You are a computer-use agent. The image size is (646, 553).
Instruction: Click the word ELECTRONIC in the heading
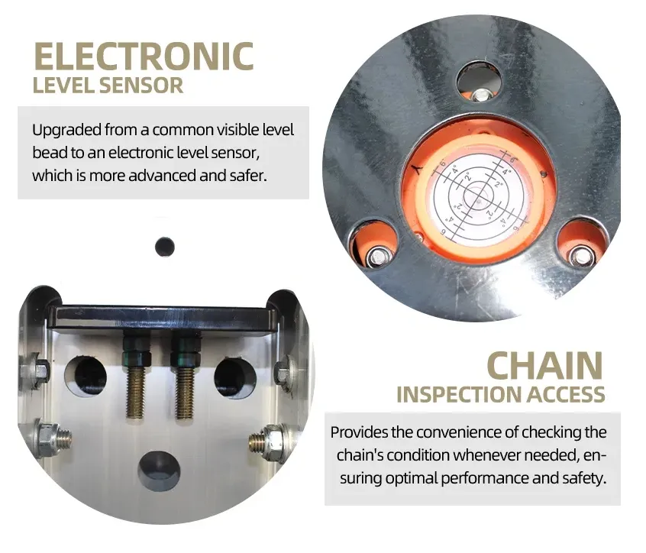coord(144,57)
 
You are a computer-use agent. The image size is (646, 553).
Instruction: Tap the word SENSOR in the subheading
coord(141,86)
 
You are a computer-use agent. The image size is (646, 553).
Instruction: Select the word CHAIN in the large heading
coord(544,366)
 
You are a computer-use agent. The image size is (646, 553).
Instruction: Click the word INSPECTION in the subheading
coord(460,394)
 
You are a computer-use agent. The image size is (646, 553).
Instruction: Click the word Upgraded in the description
coord(66,131)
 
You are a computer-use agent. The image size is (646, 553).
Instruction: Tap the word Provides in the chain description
coord(358,432)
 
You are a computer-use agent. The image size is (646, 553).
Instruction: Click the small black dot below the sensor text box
coord(165,247)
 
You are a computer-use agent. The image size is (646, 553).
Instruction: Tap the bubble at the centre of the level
coord(478,196)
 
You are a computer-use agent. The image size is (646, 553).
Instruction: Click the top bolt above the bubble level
coord(480,95)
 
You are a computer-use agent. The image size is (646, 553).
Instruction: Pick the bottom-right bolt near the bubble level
coord(580,257)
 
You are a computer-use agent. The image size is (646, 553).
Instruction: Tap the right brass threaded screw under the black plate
coord(184,393)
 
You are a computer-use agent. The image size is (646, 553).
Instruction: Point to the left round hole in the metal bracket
coord(86,375)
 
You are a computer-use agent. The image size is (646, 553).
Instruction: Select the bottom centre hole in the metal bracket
coord(159,471)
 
